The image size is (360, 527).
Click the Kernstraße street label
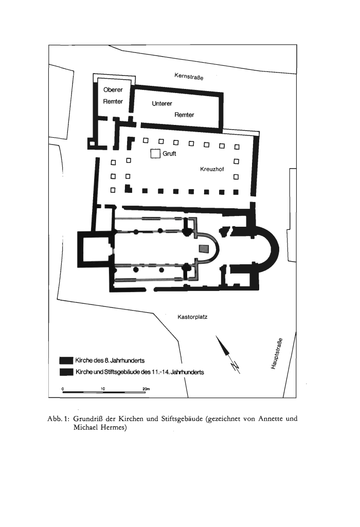(x=189, y=76)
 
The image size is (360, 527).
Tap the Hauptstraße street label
(x=277, y=353)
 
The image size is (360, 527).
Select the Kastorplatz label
(x=192, y=317)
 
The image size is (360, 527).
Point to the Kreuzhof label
(x=212, y=169)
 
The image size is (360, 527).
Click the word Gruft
(x=169, y=154)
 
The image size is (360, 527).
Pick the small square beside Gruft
(x=155, y=154)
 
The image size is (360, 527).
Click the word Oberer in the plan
(x=113, y=90)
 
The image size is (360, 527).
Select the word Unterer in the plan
(x=162, y=103)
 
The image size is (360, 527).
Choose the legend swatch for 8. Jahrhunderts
(x=66, y=360)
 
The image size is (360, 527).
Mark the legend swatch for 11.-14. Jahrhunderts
(x=66, y=372)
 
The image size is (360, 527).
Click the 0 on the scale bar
(x=63, y=389)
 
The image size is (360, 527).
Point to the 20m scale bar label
(x=146, y=389)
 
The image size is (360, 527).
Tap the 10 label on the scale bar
(x=103, y=389)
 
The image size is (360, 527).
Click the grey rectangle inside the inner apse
(x=204, y=249)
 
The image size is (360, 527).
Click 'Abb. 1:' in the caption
(x=59, y=419)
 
